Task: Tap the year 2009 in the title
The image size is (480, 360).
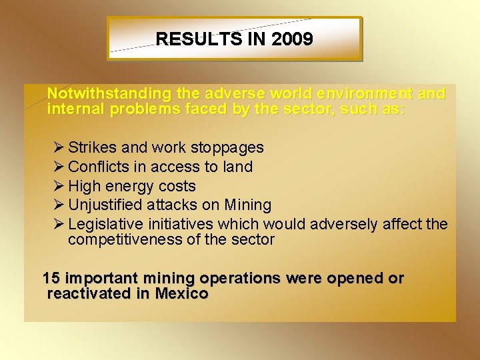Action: (x=292, y=39)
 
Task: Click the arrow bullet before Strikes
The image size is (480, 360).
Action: (x=57, y=147)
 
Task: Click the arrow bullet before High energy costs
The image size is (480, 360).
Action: (x=57, y=186)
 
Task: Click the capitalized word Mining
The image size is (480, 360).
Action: (x=248, y=205)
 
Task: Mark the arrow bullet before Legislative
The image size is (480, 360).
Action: (x=57, y=224)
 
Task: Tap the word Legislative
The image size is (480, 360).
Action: (x=102, y=225)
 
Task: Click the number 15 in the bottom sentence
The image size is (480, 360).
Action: (x=51, y=279)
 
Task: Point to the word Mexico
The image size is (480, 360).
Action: (x=181, y=294)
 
